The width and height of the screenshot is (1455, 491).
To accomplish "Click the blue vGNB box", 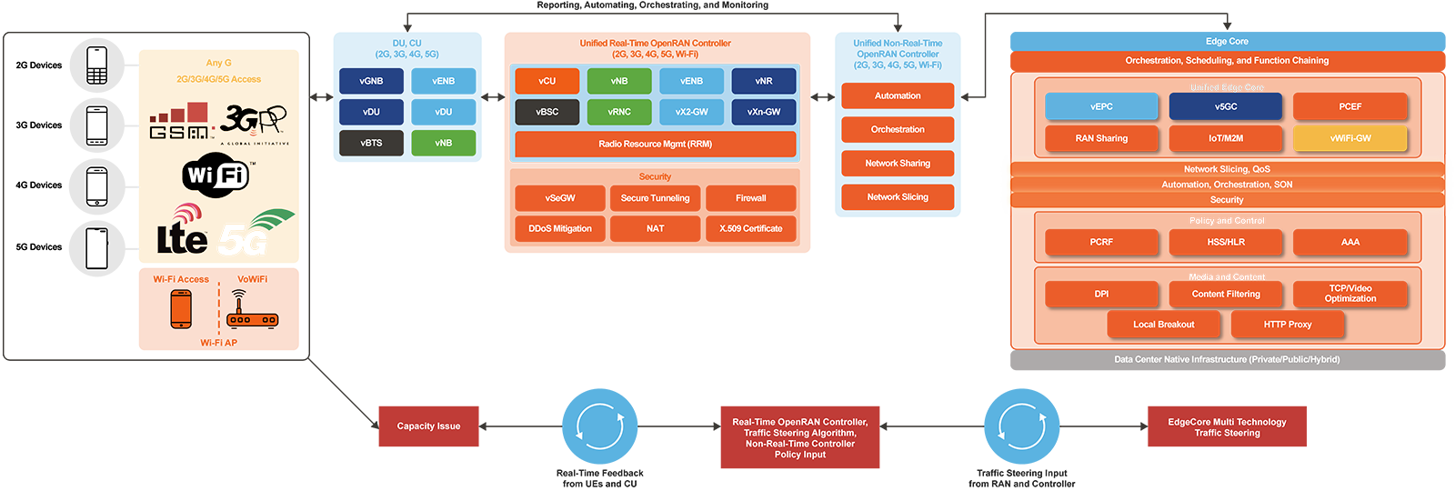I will [x=371, y=81].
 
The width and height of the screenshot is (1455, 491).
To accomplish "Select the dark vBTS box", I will [x=371, y=143].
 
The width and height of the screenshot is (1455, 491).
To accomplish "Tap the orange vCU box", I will [x=547, y=81].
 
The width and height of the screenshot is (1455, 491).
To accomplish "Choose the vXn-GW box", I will [x=763, y=112].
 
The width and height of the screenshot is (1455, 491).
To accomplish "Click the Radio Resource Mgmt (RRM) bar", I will [x=655, y=144].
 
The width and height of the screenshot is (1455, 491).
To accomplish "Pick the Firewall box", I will [x=750, y=198].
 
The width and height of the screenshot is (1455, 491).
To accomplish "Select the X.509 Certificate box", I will [x=750, y=228].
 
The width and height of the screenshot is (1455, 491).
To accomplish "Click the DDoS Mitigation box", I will [x=560, y=228].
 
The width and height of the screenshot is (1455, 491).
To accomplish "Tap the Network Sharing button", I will [x=898, y=164].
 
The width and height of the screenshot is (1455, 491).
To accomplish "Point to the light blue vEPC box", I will [x=1101, y=106].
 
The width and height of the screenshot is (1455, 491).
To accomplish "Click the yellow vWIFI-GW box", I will [x=1350, y=138].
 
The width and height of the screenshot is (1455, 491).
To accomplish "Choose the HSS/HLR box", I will [x=1226, y=242].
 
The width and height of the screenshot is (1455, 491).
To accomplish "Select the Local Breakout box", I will [x=1163, y=325].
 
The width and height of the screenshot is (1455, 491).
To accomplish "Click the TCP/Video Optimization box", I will [x=1350, y=294].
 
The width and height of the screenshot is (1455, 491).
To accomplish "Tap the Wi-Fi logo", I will [x=216, y=174].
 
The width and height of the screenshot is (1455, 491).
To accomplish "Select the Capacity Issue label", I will [x=428, y=426].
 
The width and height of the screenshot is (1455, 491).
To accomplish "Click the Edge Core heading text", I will [x=1226, y=41].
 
